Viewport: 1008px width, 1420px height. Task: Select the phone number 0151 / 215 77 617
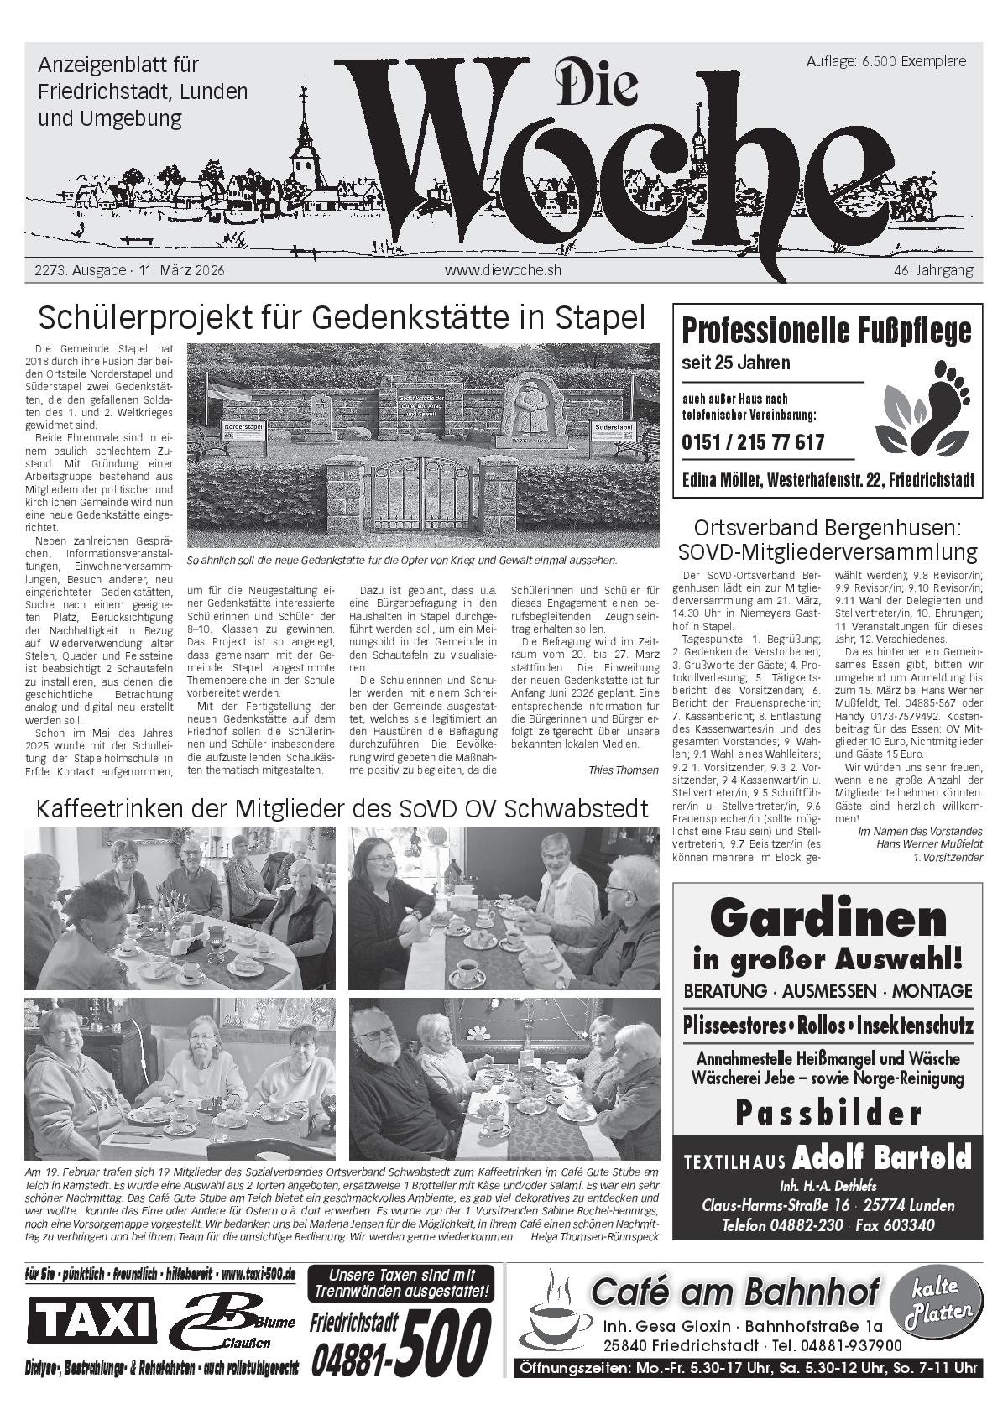click(753, 442)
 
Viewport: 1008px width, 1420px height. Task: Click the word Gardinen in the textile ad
click(828, 919)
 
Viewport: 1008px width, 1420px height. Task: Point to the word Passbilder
click(828, 1114)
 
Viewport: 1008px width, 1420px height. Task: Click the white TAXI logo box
click(92, 1320)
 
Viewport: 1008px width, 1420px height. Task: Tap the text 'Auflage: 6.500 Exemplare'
click(885, 61)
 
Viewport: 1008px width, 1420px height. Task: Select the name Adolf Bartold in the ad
click(881, 1158)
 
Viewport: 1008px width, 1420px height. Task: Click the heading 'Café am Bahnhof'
click(735, 1292)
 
